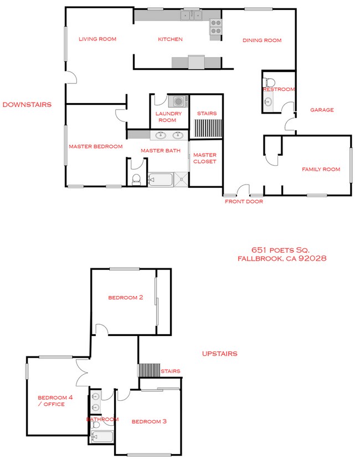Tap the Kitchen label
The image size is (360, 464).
pos(170,39)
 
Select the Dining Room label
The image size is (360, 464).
pos(261,40)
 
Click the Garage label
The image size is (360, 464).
pos(322,110)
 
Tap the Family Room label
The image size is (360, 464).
pos(321,169)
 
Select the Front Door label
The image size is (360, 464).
pos(244,202)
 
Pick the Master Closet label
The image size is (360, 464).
pos(205,158)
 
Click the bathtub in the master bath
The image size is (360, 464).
pos(160,180)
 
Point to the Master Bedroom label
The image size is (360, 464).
pos(95,147)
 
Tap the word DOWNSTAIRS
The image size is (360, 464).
pos(27,104)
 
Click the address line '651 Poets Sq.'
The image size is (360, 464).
pos(280,250)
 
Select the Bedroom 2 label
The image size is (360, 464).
pos(126,298)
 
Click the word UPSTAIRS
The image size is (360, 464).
pos(220,354)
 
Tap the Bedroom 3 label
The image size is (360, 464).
pos(149,421)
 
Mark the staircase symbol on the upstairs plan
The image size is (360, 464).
pos(148,370)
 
